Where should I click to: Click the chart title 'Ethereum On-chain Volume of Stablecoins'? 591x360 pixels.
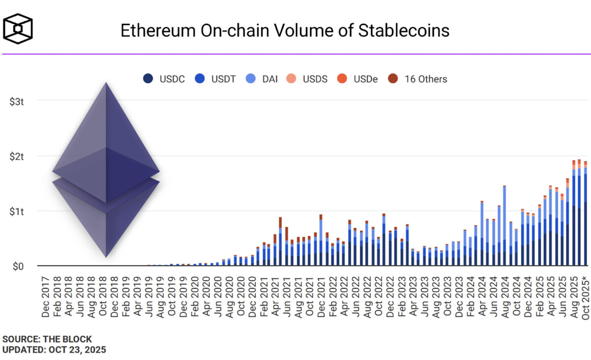[x=285, y=31]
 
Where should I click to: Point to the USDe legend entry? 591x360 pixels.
[x=359, y=79]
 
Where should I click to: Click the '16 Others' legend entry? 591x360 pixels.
[x=418, y=79]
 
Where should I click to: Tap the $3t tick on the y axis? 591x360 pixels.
[x=19, y=101]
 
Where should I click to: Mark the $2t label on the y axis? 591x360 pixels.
[x=19, y=156]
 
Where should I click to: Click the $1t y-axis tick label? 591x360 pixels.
[x=19, y=211]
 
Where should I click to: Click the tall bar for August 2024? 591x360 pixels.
[x=504, y=227]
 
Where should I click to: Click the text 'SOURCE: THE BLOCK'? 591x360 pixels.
[x=47, y=339]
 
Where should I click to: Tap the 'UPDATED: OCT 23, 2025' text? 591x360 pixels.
[x=54, y=350]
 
